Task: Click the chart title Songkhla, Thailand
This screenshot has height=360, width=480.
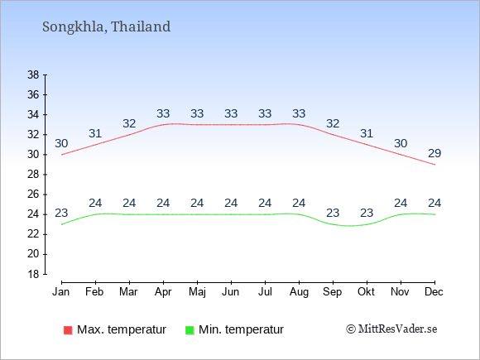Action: [106, 26]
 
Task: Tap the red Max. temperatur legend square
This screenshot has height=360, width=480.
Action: [68, 330]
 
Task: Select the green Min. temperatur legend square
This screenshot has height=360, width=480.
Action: [190, 330]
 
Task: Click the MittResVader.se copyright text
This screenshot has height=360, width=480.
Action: [391, 329]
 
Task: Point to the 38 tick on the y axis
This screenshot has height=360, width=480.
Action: [33, 74]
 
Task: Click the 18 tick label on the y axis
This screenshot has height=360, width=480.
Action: [33, 274]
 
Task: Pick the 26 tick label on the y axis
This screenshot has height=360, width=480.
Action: [33, 194]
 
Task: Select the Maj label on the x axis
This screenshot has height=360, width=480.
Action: [197, 292]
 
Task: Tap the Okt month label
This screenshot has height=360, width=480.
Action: [366, 292]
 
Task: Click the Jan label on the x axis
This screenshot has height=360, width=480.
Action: [61, 292]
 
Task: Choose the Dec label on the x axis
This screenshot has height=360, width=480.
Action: [434, 292]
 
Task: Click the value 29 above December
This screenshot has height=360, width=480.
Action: [434, 153]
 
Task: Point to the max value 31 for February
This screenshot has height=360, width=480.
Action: [95, 133]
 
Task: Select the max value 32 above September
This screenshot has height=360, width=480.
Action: [333, 123]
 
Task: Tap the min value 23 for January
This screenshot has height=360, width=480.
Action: [61, 213]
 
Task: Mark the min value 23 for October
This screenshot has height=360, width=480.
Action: [367, 213]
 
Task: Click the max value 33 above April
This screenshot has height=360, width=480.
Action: [163, 113]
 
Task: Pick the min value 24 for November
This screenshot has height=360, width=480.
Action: [401, 203]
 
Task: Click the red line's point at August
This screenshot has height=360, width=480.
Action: [299, 125]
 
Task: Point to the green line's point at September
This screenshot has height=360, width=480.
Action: [333, 224]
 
